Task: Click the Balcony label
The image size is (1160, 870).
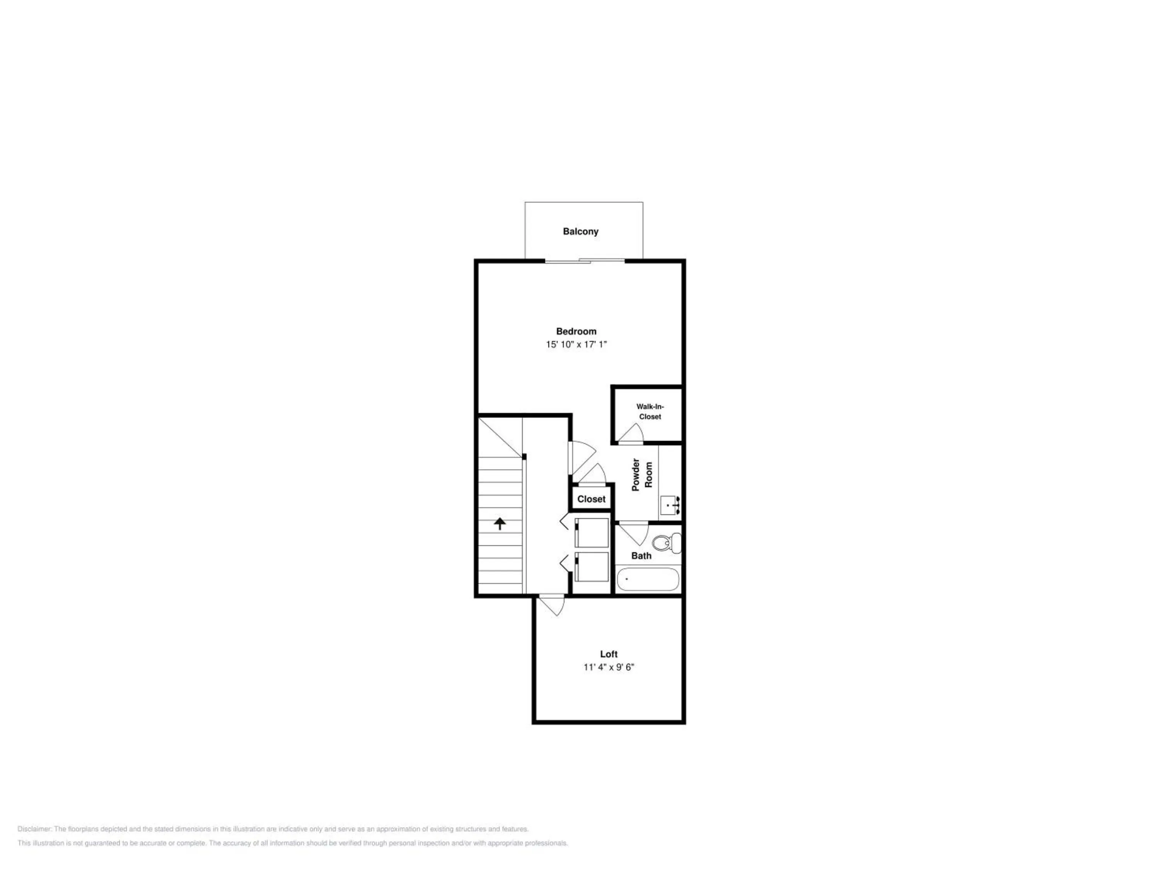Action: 580,231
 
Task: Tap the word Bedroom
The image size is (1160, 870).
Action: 577,331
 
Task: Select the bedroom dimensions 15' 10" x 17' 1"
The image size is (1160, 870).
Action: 577,345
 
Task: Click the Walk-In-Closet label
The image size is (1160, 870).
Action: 650,412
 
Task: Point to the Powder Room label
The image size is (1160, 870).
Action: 642,474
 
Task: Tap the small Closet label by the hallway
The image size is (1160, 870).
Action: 592,499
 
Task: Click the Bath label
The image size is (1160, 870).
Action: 641,556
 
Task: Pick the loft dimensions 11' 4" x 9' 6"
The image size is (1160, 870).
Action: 609,667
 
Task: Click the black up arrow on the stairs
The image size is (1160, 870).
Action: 500,524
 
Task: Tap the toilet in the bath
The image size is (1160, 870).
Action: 667,543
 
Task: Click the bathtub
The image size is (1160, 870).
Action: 648,580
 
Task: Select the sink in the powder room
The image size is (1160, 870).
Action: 670,505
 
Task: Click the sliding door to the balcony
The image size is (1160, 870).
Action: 585,260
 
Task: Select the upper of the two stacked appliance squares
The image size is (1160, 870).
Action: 592,533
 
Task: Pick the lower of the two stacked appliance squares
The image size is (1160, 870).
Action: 592,567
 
